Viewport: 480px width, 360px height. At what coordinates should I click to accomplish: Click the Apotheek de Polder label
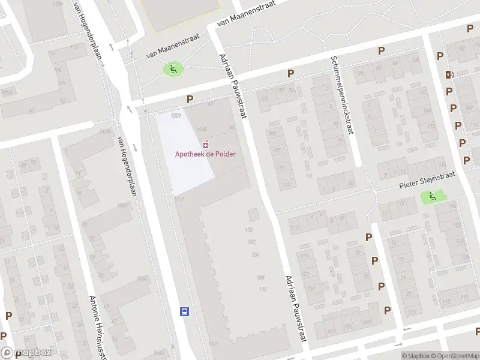(x=205, y=154)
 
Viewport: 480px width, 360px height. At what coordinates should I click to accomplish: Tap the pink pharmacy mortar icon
(x=206, y=143)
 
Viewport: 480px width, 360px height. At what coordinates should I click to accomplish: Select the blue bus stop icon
(x=185, y=311)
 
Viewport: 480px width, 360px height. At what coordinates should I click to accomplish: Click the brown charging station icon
(x=448, y=74)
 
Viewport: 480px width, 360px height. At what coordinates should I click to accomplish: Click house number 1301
(x=176, y=115)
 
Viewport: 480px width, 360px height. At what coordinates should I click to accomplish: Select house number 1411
(x=179, y=199)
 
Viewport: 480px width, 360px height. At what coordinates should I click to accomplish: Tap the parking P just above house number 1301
(x=190, y=99)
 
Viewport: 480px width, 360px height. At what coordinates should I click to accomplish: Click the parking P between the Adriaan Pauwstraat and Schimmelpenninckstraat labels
(x=291, y=73)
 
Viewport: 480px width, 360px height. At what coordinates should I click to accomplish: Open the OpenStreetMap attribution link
(x=455, y=356)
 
